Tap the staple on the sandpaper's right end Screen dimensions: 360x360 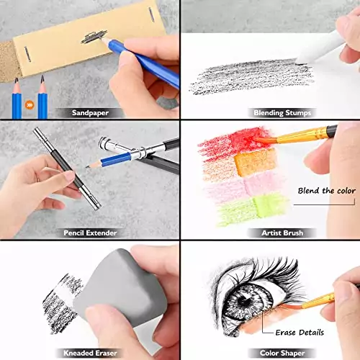click(x=150, y=15)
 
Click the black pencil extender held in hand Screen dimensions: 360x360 click(x=65, y=169)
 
